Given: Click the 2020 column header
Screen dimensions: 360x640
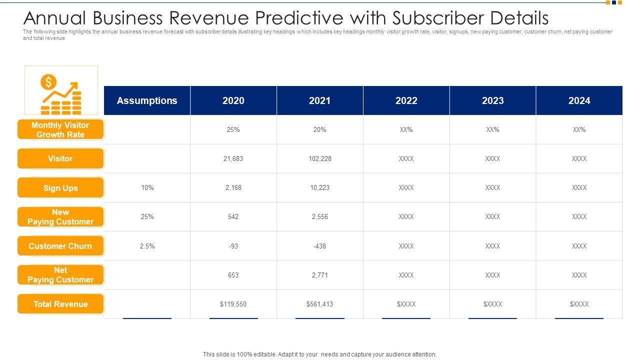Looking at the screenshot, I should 233,100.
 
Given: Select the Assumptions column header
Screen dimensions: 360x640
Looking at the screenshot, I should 147,100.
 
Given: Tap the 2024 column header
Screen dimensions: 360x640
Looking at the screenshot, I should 579,100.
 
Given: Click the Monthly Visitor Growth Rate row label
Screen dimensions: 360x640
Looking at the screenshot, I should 60,130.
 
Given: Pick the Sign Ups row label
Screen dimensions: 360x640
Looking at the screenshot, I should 60,188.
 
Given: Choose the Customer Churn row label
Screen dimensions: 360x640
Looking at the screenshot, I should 60,246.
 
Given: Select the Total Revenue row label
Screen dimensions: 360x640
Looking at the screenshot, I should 60,304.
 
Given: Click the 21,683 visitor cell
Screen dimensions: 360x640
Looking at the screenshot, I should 233,158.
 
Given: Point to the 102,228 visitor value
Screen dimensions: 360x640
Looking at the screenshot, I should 320,158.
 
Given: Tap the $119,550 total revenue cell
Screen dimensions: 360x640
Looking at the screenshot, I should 233,304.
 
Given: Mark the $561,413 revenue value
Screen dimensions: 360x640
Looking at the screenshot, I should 320,304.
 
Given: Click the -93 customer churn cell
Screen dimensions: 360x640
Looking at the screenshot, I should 233,246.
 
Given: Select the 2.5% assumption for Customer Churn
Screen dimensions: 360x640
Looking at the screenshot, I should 147,246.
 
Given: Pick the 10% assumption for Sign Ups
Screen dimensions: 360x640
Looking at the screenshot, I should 147,187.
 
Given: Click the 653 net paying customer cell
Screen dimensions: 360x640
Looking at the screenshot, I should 233,275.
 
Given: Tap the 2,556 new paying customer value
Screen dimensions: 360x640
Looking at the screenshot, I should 320,216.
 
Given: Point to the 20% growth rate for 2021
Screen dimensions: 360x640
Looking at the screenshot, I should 320,129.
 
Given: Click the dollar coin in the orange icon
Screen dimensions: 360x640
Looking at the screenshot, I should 48,82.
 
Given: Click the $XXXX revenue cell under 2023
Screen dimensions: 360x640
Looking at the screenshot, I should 492,304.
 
